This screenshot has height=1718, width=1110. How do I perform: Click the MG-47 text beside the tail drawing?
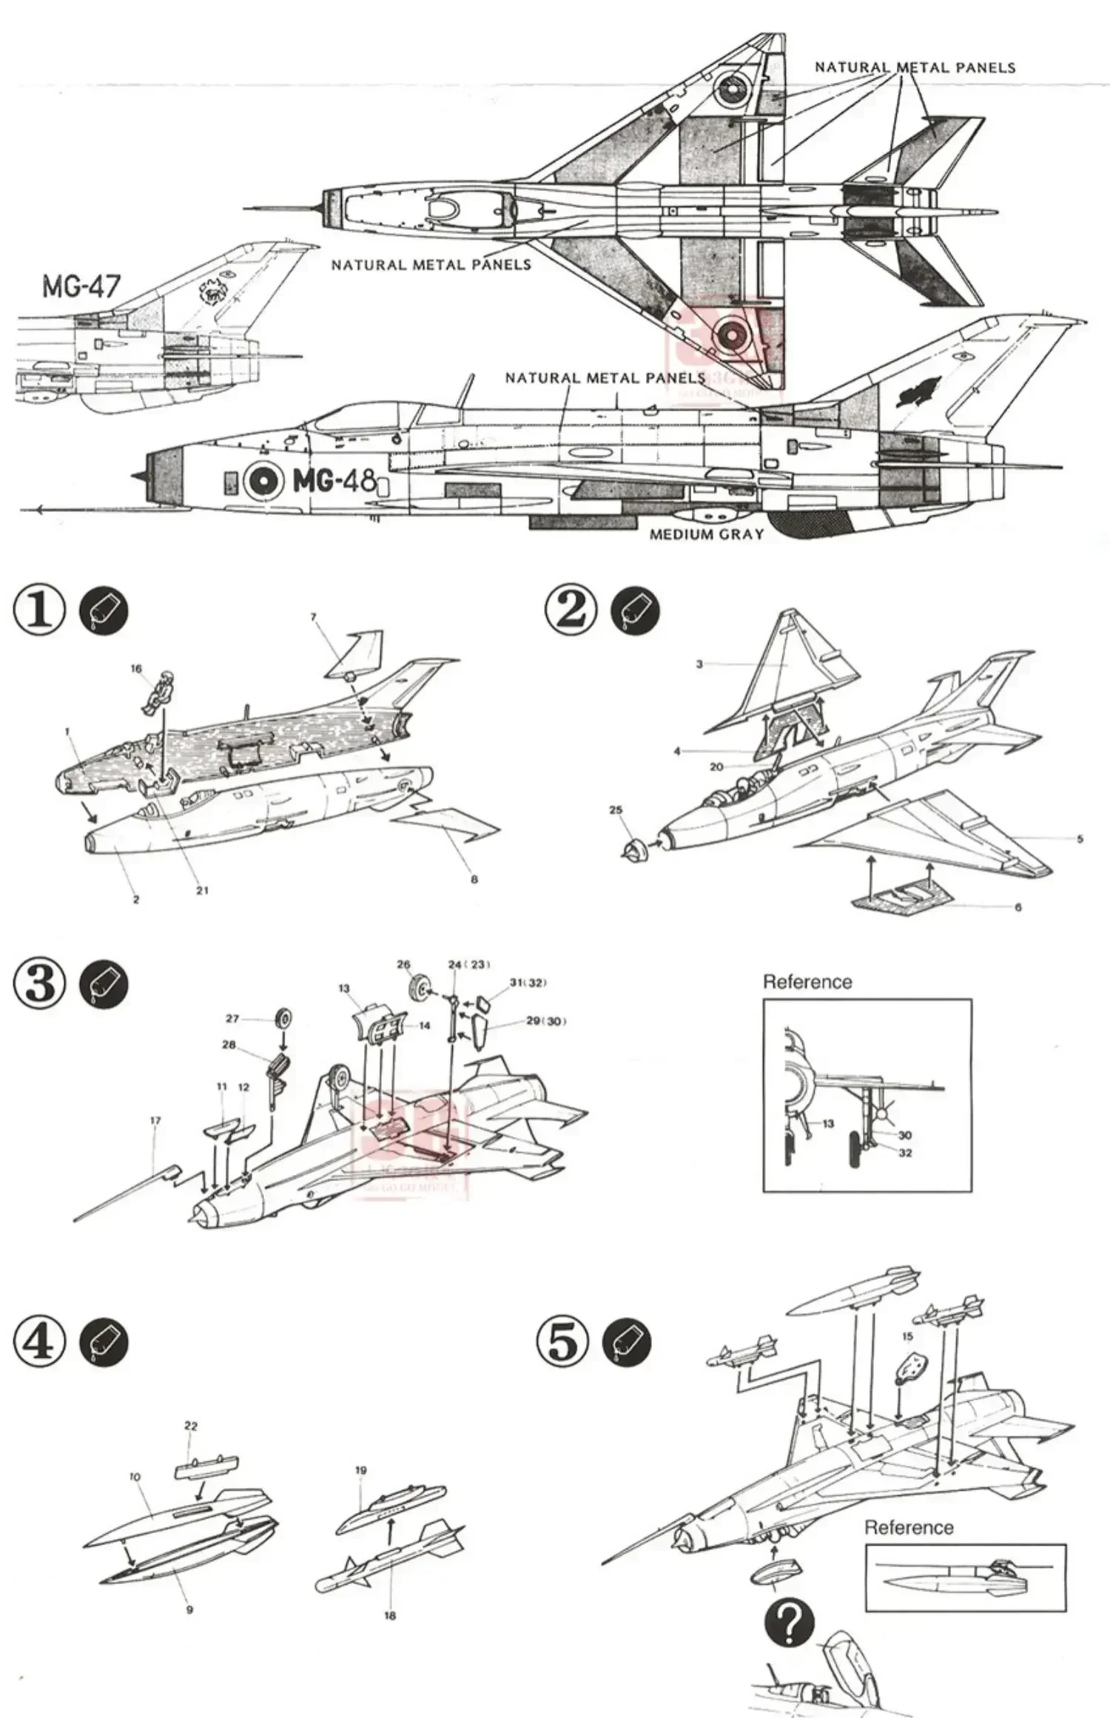[x=81, y=285]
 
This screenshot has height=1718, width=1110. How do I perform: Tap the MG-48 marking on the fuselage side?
[x=334, y=481]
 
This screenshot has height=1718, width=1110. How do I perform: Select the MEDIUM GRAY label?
[x=706, y=534]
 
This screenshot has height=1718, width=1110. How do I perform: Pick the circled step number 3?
[x=40, y=985]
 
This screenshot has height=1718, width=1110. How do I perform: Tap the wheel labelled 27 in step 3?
[x=283, y=1020]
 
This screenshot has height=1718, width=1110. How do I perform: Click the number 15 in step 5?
[x=908, y=1336]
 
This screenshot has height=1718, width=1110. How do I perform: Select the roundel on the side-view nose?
[x=263, y=481]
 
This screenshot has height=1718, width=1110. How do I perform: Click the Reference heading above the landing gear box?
[x=807, y=982]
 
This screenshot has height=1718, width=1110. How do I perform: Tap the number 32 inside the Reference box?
[x=905, y=1153]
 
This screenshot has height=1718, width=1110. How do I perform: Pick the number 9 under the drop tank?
[x=189, y=1589]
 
